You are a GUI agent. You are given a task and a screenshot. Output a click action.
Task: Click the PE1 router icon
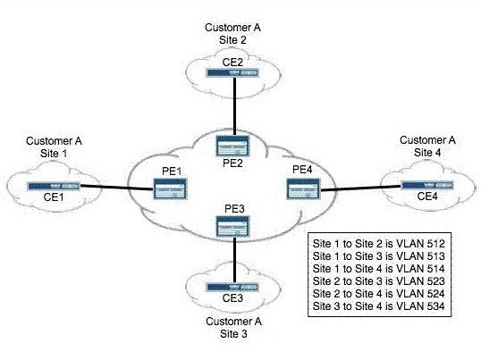click(170, 188)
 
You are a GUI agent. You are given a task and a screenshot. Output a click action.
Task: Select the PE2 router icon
click(232, 146)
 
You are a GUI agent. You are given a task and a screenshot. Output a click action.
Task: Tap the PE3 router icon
click(232, 226)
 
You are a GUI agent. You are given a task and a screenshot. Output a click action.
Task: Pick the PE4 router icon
click(303, 188)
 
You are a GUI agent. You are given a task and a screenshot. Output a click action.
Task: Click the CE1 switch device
click(54, 186)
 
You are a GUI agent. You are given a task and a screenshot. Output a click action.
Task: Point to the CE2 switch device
click(232, 73)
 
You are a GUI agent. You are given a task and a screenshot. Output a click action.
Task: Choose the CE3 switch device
click(232, 287)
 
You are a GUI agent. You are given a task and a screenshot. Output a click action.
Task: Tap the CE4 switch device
click(426, 186)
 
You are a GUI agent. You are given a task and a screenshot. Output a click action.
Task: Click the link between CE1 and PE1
click(116, 188)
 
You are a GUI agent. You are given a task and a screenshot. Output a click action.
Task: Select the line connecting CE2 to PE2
click(234, 106)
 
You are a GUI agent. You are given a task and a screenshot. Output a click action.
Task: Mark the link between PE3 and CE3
click(234, 260)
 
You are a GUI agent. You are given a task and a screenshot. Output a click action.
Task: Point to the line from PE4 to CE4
click(360, 188)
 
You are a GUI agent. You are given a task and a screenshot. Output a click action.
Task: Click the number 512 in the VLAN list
click(435, 244)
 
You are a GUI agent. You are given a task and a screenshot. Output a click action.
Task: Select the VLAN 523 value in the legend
click(435, 281)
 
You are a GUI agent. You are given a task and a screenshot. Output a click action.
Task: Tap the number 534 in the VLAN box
click(435, 306)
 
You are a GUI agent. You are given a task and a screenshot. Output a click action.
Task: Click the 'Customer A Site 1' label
click(54, 147)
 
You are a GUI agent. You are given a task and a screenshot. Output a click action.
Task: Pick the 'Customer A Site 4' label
click(427, 147)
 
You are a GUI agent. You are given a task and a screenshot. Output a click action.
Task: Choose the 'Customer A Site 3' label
click(233, 328)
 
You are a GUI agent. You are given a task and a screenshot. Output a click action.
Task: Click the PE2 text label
click(232, 163)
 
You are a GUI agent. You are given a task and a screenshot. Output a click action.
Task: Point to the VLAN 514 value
click(435, 269)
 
